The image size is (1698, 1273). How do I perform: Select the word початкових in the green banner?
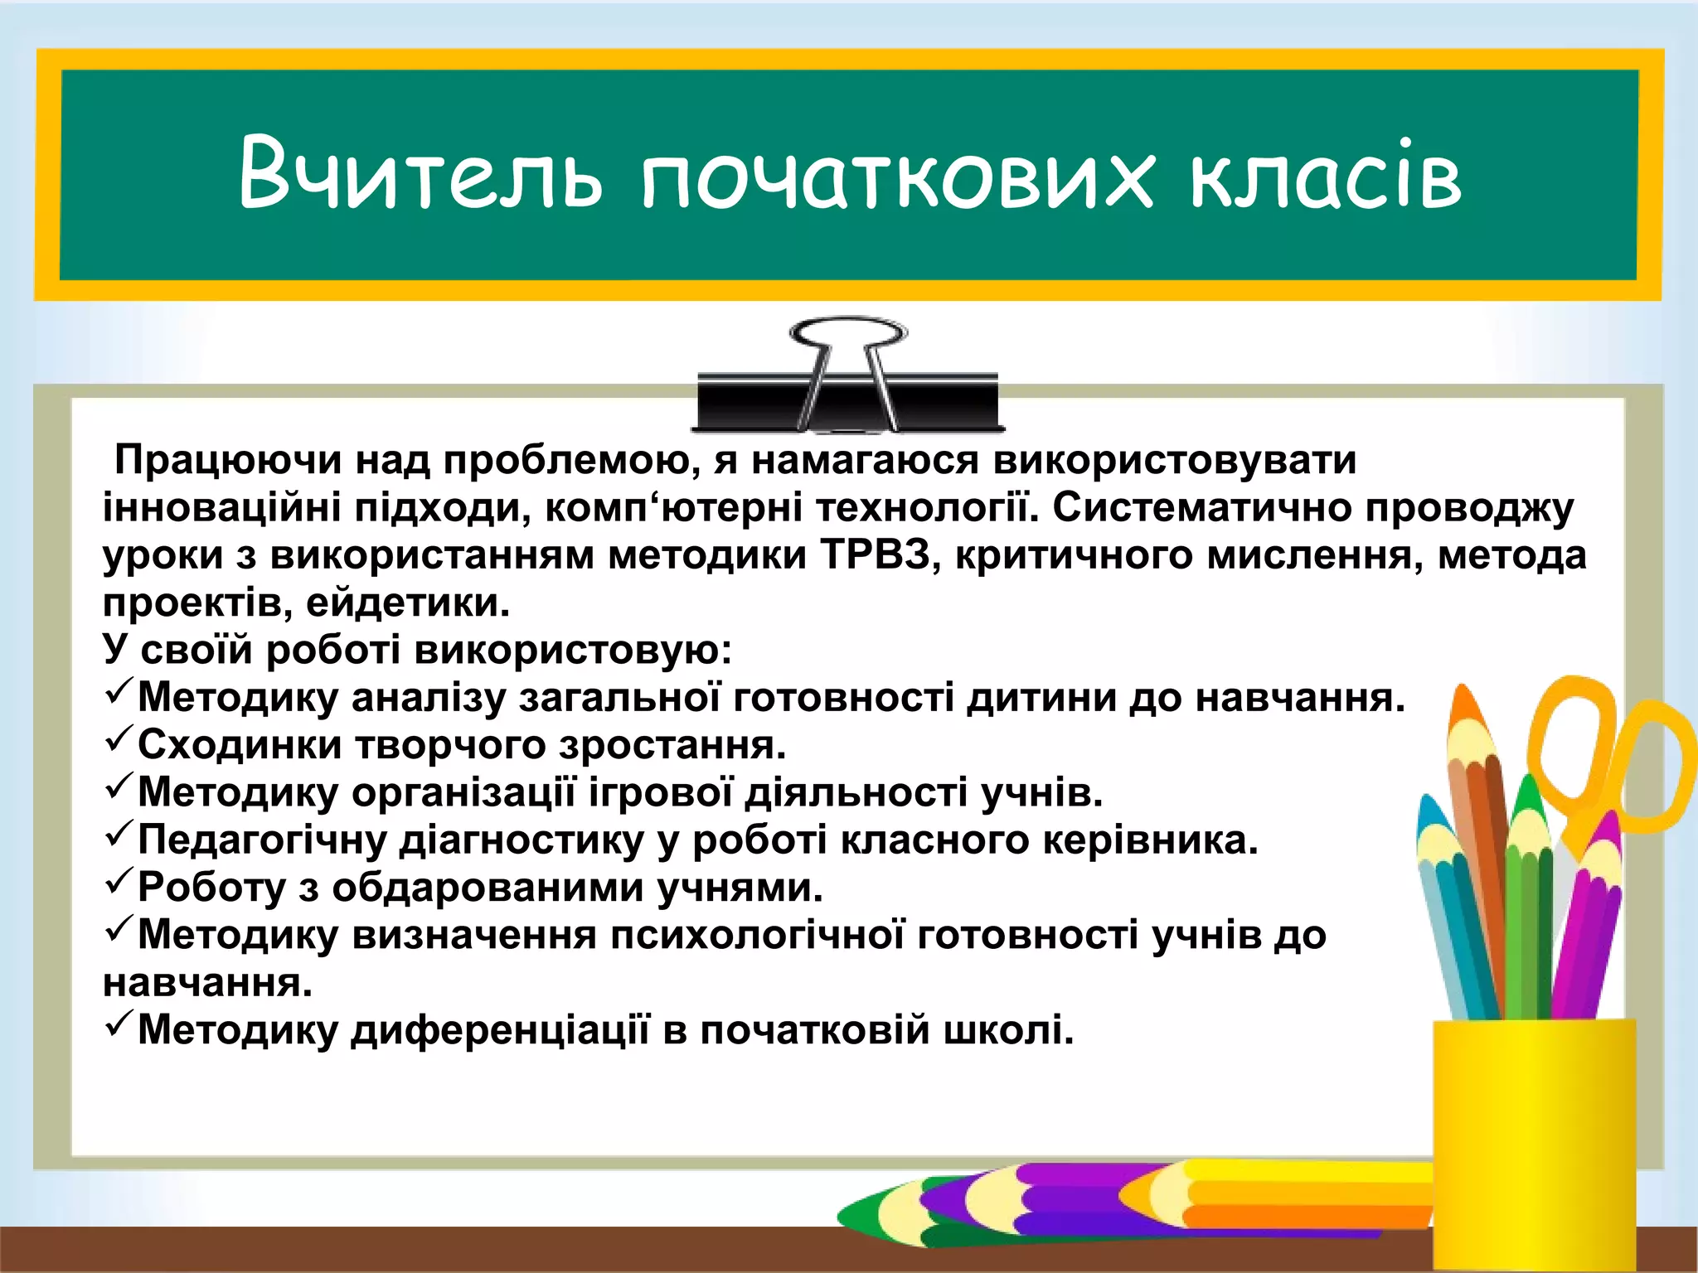tap(895, 178)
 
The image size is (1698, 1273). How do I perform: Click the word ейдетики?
tap(407, 603)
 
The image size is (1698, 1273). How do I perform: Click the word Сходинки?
tap(240, 745)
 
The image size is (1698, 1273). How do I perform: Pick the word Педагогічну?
tap(262, 840)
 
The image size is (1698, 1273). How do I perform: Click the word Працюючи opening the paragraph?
tap(228, 460)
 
